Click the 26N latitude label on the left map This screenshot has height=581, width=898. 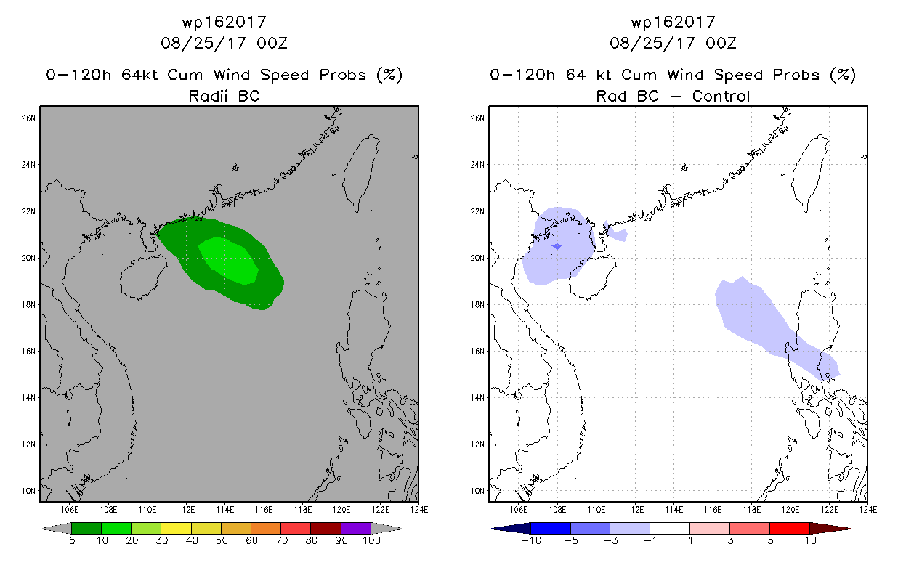pyautogui.click(x=28, y=118)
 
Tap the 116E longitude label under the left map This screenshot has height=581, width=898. pyautogui.click(x=264, y=510)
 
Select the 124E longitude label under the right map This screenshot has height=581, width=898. pyautogui.click(x=868, y=510)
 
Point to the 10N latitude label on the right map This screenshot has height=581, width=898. pyautogui.click(x=477, y=491)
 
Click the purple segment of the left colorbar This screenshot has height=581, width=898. pyautogui.click(x=356, y=528)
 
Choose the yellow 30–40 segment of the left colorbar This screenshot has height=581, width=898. pyautogui.click(x=176, y=528)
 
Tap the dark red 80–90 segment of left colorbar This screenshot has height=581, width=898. pyautogui.click(x=326, y=528)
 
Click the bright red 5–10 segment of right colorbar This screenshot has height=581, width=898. pyautogui.click(x=790, y=528)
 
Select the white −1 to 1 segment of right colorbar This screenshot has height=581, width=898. pyautogui.click(x=670, y=528)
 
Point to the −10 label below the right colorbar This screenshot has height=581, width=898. pyautogui.click(x=531, y=540)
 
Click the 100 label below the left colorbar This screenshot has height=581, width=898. pyautogui.click(x=371, y=540)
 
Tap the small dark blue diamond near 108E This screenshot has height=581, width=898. pyautogui.click(x=557, y=246)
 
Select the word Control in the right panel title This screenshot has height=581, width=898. pyautogui.click(x=721, y=96)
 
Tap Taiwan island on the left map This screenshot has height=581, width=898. pyautogui.click(x=361, y=172)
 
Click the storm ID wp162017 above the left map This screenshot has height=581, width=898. pyautogui.click(x=224, y=22)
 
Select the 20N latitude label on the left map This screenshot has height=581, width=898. pyautogui.click(x=28, y=258)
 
